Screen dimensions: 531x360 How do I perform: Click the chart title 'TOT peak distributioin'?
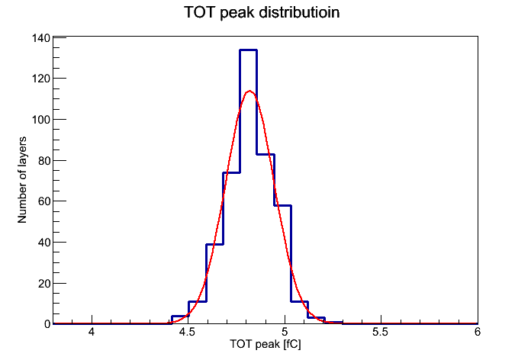tap(262, 12)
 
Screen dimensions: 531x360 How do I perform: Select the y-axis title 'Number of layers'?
tap(22, 180)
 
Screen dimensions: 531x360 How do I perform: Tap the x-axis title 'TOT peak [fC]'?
tap(265, 344)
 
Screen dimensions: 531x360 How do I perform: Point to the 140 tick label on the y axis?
tap(41, 38)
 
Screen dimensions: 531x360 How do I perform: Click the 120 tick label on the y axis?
tap(41, 79)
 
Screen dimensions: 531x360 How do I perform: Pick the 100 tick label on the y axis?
tap(41, 120)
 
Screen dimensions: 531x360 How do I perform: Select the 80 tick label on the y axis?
tap(44, 160)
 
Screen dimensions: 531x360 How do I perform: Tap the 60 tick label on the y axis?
tap(44, 201)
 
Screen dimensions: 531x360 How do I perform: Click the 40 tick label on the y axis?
tap(44, 243)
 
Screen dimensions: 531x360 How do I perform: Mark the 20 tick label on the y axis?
tap(44, 284)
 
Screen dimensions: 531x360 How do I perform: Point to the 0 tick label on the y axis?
tap(47, 324)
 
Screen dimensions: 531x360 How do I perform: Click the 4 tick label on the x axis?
tap(92, 332)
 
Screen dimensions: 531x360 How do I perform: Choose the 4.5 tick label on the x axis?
tap(187, 332)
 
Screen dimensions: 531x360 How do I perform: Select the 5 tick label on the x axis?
tap(285, 332)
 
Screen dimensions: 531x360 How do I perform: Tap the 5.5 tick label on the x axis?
tap(380, 332)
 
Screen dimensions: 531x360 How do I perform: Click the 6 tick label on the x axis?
tap(477, 332)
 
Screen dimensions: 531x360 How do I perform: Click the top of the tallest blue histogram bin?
tap(248, 50)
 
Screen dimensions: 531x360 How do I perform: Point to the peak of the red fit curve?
tap(249, 91)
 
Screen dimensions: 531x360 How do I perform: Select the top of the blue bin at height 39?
tap(214, 244)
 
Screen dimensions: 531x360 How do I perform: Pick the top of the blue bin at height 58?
tap(283, 206)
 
